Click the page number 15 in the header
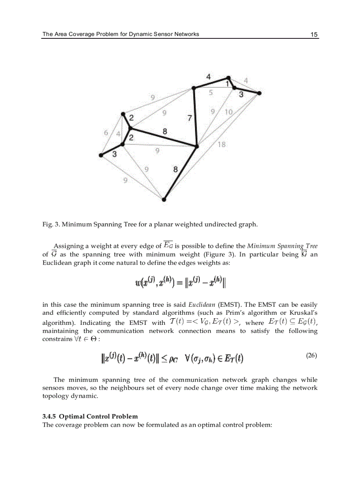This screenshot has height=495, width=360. click(314, 34)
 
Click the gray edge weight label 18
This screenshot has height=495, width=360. click(222, 144)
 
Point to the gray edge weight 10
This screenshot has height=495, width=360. click(229, 112)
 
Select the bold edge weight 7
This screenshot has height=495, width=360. click(190, 118)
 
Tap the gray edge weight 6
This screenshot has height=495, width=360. click(106, 132)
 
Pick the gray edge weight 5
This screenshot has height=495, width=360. click(211, 93)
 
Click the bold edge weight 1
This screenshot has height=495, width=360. click(227, 83)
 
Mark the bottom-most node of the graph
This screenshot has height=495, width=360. click(164, 199)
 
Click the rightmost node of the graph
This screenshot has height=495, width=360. click(259, 93)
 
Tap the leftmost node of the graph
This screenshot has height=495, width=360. click(101, 155)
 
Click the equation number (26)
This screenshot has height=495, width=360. click(311, 356)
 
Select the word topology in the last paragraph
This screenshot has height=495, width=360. click(56, 396)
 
